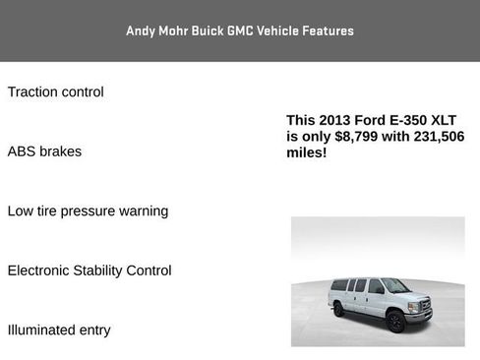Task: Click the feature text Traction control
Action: [55, 92]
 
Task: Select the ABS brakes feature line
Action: [44, 152]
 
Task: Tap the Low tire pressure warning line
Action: [88, 211]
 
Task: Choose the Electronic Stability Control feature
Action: [89, 270]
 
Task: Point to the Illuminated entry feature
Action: [59, 330]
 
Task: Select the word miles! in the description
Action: [306, 153]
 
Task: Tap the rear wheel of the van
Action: [339, 310]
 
